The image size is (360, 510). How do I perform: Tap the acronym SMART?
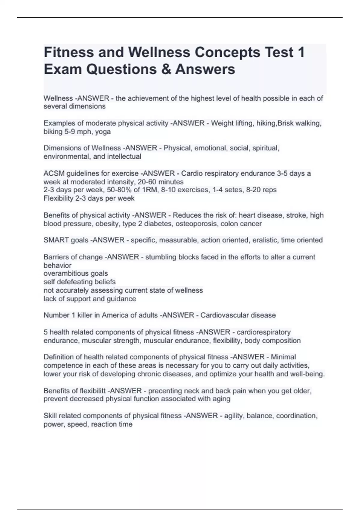click(55, 240)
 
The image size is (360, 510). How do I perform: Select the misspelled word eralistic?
click(266, 240)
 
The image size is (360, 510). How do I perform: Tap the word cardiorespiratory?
click(264, 332)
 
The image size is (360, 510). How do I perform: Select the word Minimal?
click(283, 357)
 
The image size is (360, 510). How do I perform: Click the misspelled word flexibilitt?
click(92, 391)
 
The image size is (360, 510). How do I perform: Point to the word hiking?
click(266, 123)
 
